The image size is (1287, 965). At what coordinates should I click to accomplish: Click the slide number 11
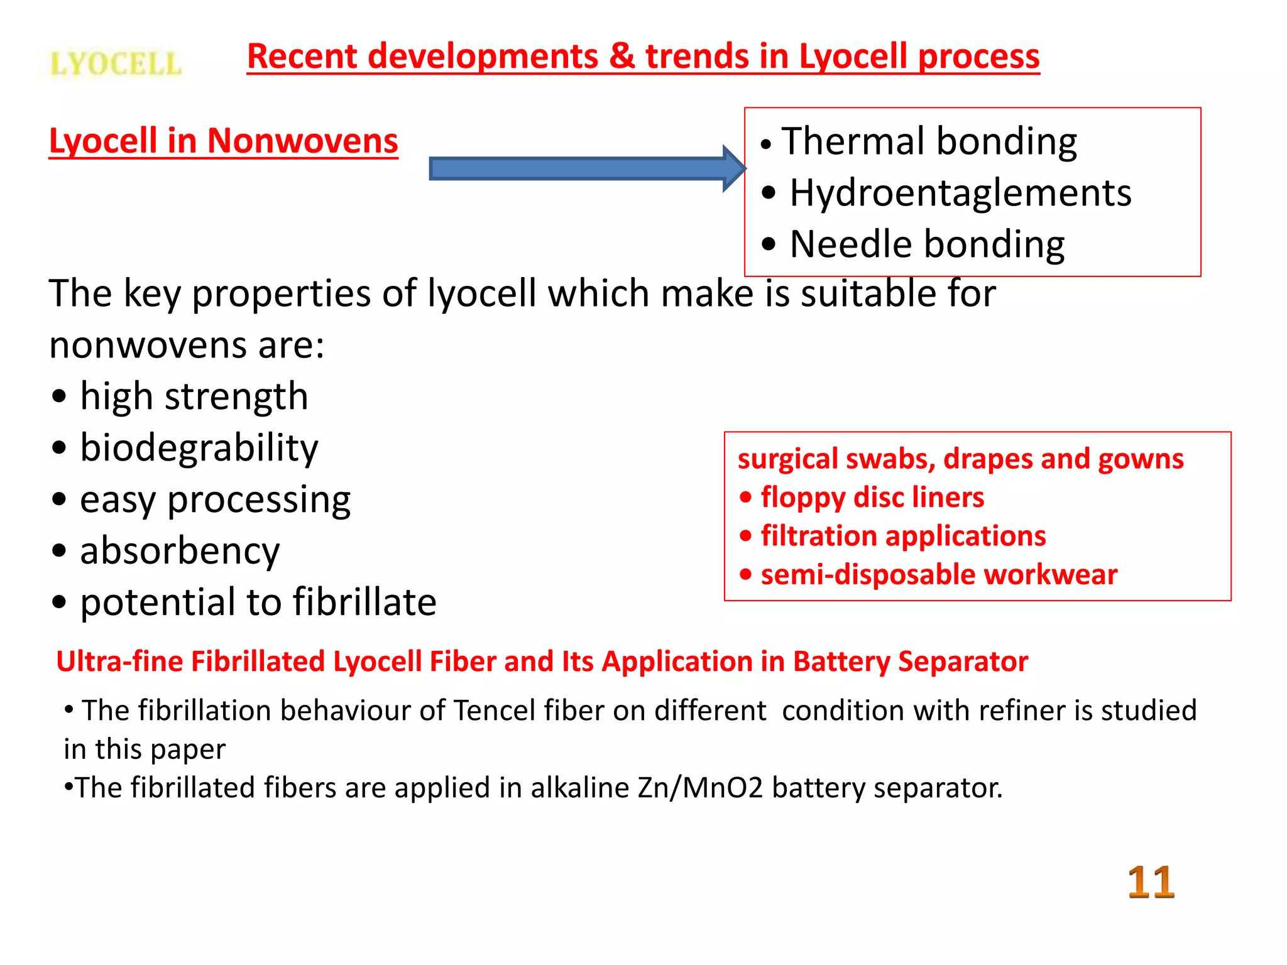[1151, 882]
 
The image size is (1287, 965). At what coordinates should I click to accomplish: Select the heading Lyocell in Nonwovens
[223, 141]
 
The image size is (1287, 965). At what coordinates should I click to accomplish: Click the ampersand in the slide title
[622, 57]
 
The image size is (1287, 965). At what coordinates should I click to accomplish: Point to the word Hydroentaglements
[960, 193]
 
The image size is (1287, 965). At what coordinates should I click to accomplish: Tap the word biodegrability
[199, 449]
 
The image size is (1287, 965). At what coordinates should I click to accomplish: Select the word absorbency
[180, 552]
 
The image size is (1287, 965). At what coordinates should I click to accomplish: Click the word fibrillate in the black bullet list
[364, 602]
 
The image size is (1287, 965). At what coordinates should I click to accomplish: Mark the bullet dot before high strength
[59, 397]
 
